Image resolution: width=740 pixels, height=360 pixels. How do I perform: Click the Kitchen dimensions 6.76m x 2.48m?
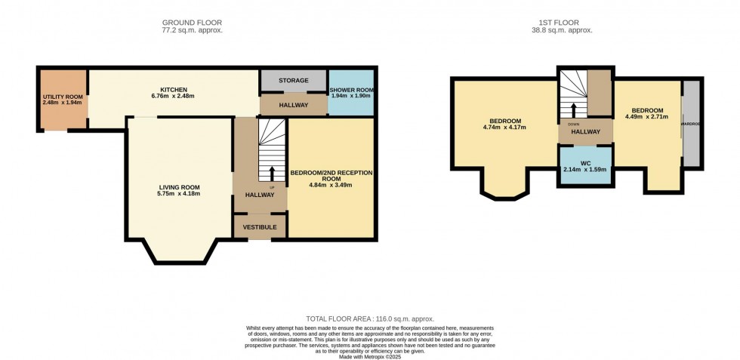[x=173, y=96]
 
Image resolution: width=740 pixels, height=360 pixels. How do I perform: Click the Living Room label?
[x=179, y=187]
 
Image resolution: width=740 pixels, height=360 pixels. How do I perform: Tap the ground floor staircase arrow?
[x=271, y=171]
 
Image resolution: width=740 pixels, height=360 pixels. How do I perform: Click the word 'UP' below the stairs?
[x=271, y=187]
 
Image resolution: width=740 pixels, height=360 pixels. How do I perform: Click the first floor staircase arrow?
[x=574, y=109]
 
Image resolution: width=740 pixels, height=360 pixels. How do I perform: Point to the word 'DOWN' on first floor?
[x=575, y=124]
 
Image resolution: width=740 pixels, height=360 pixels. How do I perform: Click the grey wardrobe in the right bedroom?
[x=690, y=123]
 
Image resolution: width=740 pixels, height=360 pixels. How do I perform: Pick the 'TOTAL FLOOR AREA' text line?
[x=370, y=319]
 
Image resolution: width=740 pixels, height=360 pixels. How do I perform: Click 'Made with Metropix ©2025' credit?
[x=370, y=356]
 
